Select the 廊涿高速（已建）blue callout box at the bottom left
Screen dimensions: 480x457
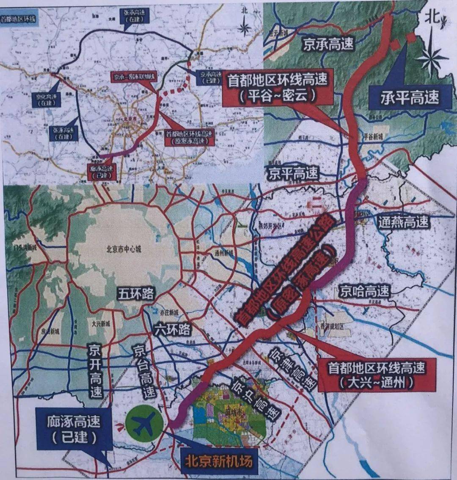[x=74, y=429]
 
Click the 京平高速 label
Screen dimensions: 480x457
[x=292, y=173]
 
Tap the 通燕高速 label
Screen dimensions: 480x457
[x=403, y=222]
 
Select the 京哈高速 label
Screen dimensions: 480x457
[x=364, y=291]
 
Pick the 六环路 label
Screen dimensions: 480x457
[x=173, y=329]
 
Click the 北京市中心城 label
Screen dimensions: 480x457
[x=124, y=249]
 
